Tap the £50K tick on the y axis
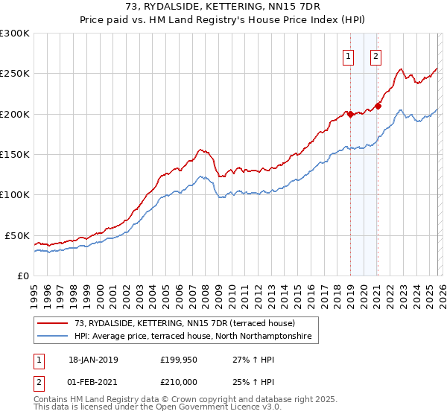pos(18,235)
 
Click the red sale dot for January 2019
pos(349,114)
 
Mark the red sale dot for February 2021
pos(377,106)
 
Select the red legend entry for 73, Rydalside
pos(185,323)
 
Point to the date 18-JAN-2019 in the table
pos(93,360)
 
